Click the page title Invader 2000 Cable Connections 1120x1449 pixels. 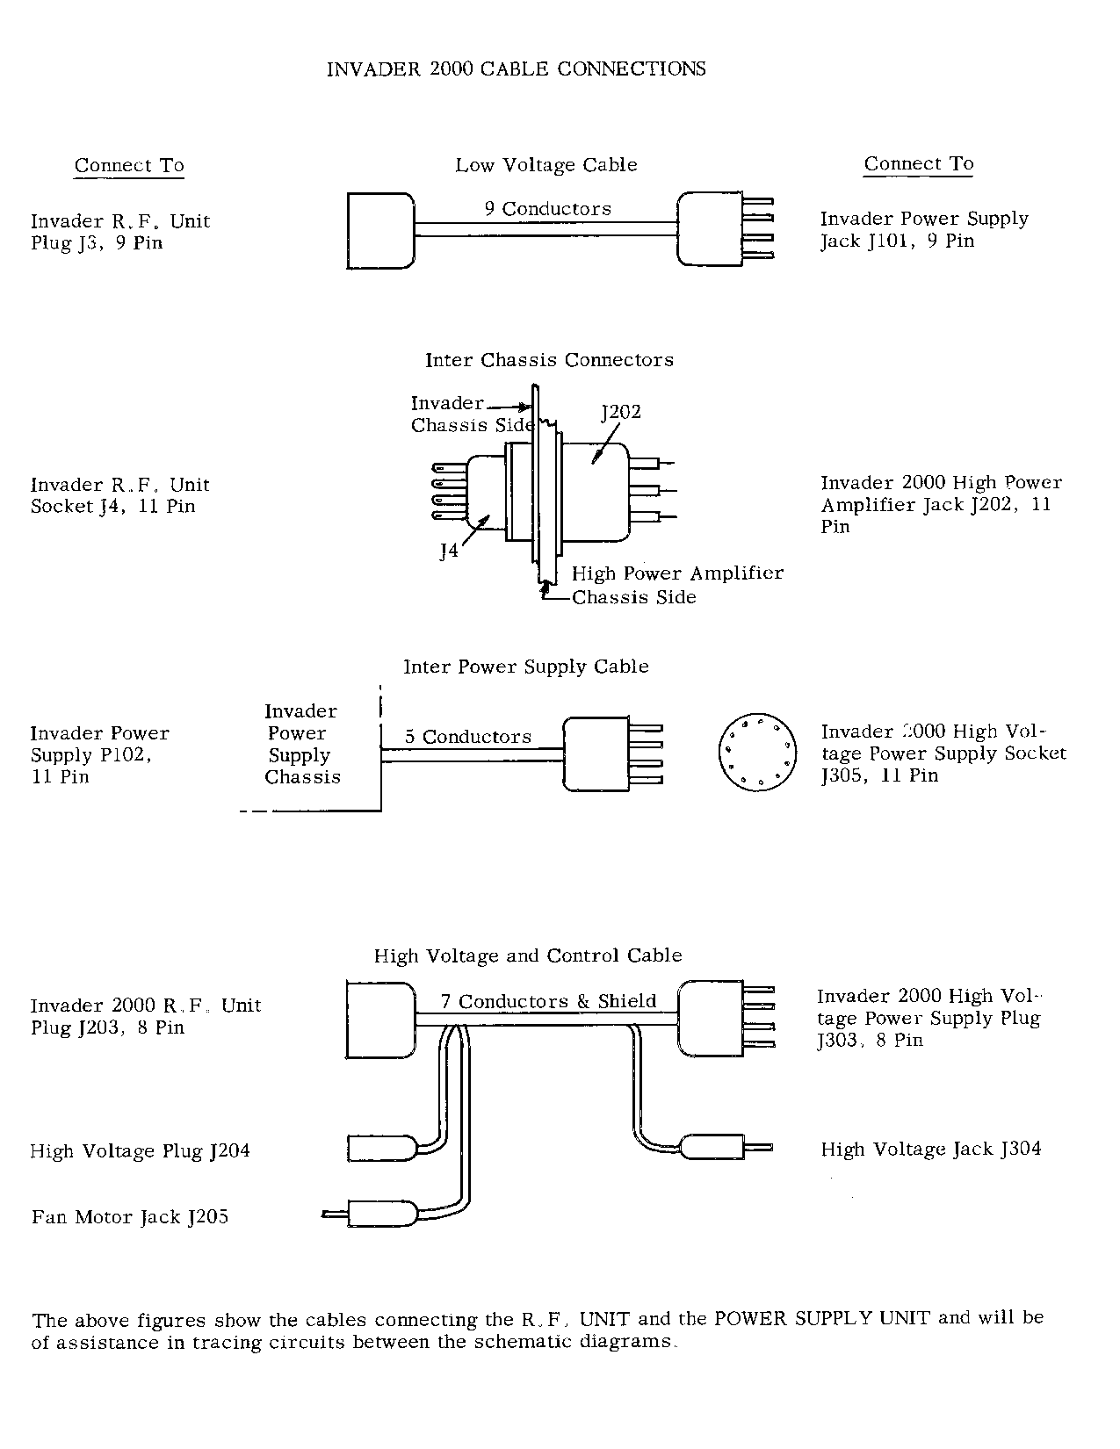516,68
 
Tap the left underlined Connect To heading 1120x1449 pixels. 129,165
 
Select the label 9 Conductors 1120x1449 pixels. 547,209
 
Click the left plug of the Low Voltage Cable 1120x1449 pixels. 380,230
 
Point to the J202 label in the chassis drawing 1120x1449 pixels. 621,412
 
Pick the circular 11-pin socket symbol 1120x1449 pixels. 757,751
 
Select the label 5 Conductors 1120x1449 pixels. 468,737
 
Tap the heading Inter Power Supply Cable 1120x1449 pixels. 525,667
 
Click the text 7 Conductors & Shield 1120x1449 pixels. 548,1001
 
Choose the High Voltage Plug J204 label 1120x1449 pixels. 140,1150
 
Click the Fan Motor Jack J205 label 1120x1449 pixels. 130,1217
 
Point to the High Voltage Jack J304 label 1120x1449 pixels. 931,1149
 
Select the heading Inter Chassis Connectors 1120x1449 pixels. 549,360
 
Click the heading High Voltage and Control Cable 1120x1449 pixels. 528,955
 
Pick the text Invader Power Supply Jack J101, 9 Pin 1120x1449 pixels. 924,230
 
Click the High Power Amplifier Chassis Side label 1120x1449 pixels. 676,585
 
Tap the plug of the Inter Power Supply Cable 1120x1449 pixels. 596,753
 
